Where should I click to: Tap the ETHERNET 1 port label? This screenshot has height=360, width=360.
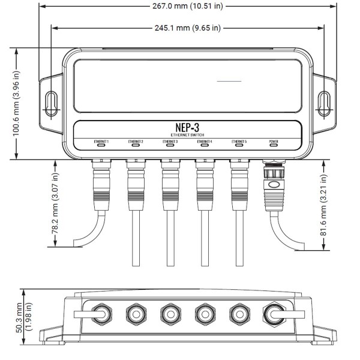(x=101, y=141)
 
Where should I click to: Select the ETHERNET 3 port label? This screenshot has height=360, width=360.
(x=170, y=141)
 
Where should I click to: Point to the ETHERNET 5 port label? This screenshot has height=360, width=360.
(x=239, y=141)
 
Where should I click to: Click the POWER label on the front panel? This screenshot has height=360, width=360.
(x=274, y=141)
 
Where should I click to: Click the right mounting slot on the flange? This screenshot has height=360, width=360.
(x=324, y=102)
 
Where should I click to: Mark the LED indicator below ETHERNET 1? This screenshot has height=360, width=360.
(x=101, y=145)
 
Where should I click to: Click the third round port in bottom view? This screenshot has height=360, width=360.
(x=170, y=314)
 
